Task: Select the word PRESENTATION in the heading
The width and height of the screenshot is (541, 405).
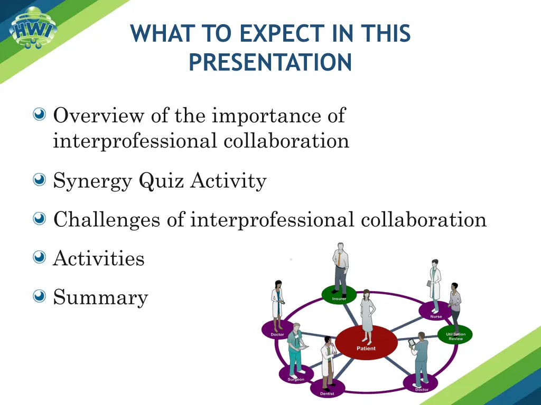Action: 270,62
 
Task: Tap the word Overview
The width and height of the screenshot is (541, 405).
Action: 98,115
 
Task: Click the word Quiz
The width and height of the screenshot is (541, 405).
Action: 162,181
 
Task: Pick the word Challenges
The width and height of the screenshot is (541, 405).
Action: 107,220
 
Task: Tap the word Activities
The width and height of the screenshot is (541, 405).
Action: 99,258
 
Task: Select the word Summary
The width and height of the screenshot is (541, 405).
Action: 100,297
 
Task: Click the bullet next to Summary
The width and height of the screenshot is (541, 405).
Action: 39,296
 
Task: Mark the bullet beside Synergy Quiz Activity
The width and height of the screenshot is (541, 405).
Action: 39,179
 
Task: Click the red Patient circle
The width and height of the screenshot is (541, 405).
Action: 366,342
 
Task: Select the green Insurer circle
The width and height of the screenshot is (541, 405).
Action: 339,294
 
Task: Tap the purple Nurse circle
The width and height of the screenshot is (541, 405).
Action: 435,311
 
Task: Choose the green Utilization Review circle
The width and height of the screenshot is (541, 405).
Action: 455,334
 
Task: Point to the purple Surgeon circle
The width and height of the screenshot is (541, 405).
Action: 296,374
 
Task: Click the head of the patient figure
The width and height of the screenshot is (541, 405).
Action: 366,294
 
